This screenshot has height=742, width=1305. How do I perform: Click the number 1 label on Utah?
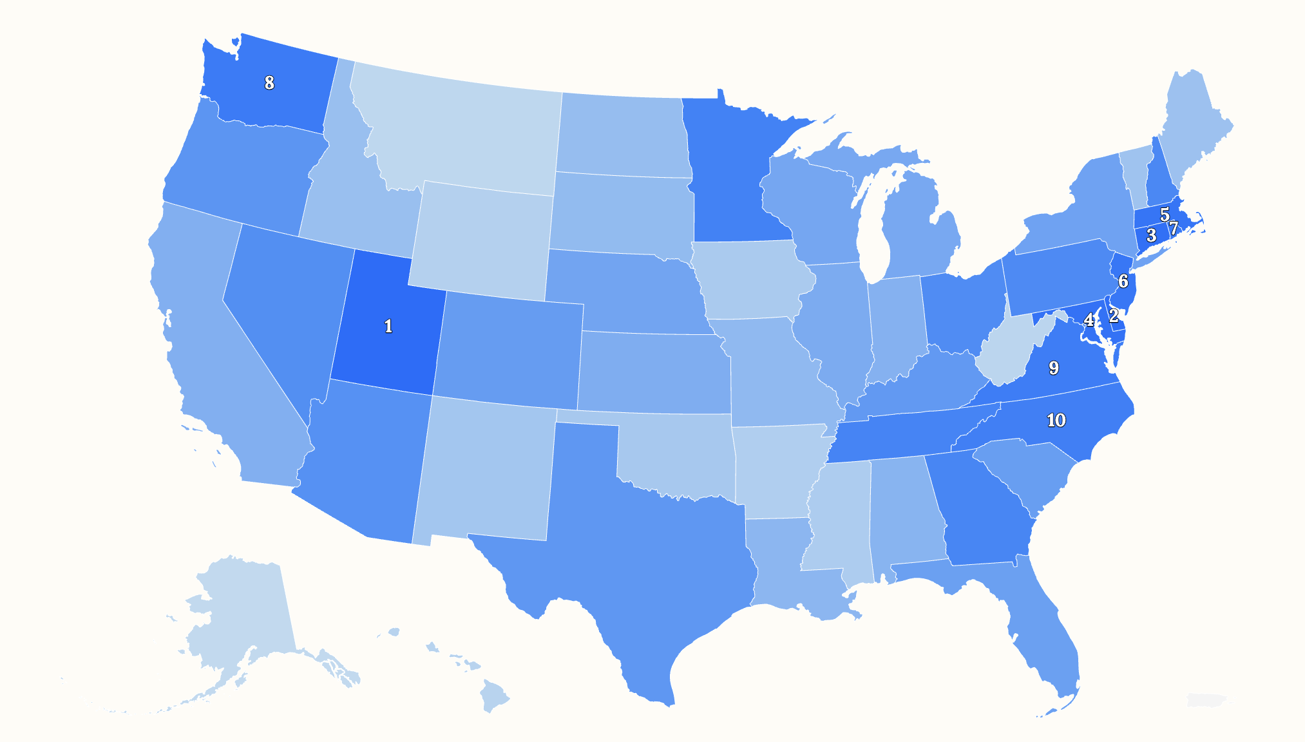pos(388,327)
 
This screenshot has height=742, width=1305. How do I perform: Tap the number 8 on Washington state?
pos(269,82)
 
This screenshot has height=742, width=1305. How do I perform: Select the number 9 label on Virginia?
pos(1054,368)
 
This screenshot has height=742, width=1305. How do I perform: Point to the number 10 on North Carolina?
pos(1056,420)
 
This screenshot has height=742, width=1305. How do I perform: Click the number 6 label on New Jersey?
pos(1123,281)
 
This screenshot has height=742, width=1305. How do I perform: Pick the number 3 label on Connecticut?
pos(1152,236)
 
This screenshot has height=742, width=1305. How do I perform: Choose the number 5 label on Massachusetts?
pos(1165,214)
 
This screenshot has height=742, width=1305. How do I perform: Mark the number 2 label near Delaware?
pos(1114,316)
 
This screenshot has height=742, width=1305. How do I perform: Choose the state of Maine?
pos(1192,129)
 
